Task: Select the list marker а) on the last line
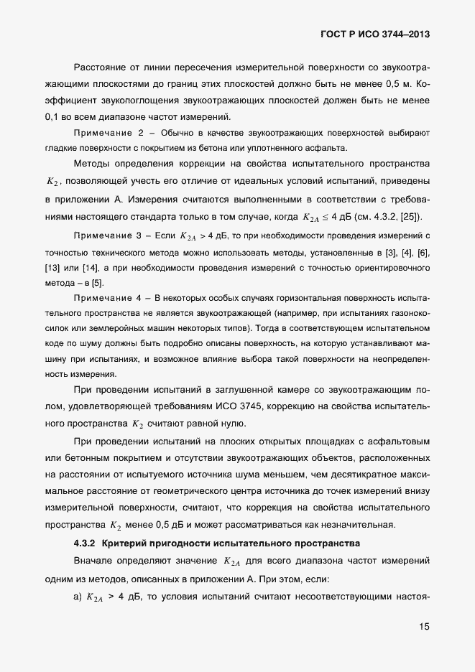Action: click(x=77, y=596)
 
